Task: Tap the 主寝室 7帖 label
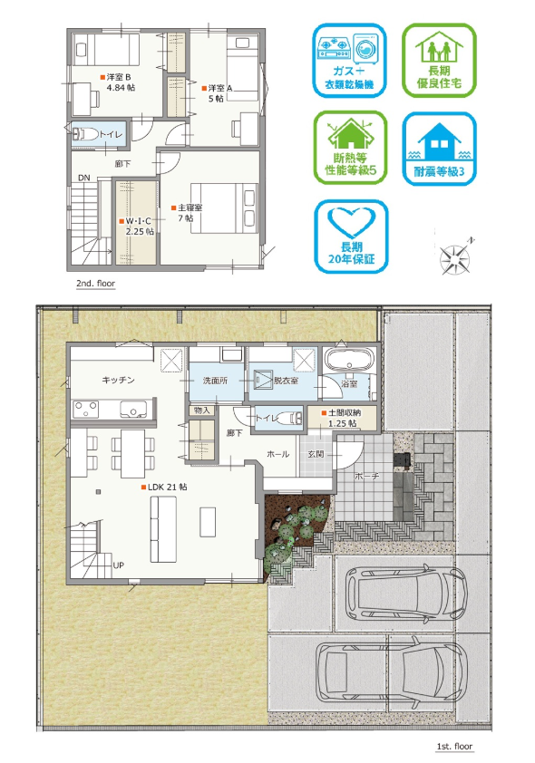187,213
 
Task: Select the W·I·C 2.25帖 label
137,227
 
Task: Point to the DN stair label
84,178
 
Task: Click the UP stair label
118,565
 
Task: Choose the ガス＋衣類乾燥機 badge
349,61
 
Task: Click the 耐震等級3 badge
439,149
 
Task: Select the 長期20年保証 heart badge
351,237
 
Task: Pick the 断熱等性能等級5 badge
350,148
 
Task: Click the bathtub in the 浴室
348,360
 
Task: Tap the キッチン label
118,380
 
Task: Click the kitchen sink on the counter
133,410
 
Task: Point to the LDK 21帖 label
164,487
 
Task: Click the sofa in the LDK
163,529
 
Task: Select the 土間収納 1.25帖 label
341,418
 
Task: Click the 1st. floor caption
454,746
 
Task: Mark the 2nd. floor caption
95,284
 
